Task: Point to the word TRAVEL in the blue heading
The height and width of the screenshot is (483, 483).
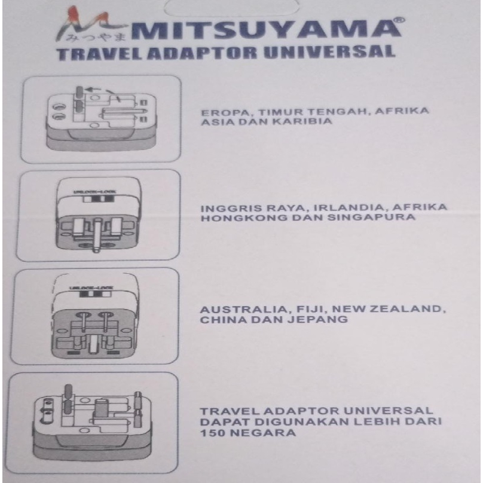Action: click(90, 53)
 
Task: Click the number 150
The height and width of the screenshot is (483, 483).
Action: click(212, 432)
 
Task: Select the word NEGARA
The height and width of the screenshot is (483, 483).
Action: click(258, 432)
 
